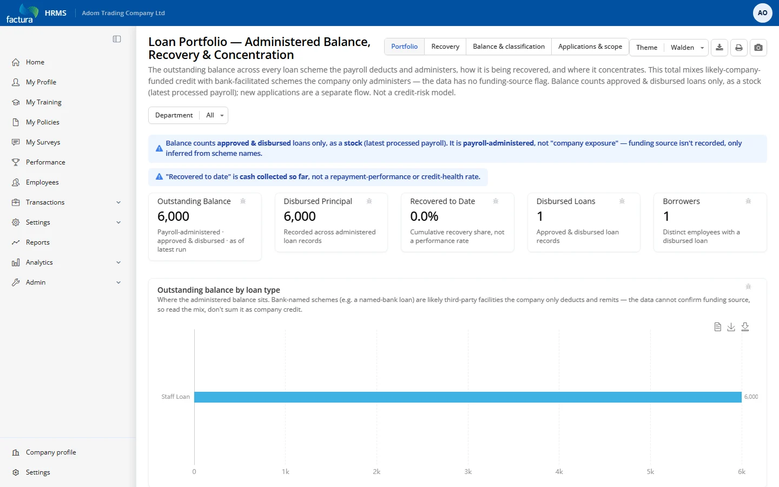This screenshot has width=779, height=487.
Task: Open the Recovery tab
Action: point(445,47)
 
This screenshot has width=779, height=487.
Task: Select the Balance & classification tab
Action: point(509,47)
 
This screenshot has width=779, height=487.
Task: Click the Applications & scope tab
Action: point(590,47)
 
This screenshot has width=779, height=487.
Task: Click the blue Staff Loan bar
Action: point(468,397)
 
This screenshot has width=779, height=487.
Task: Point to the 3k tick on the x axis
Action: point(468,472)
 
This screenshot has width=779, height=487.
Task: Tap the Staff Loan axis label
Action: point(175,397)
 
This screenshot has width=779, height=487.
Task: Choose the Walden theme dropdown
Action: point(687,47)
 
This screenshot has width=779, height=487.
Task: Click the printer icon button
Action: point(738,47)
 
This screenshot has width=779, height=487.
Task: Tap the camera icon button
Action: point(758,47)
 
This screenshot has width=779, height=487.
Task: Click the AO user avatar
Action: point(762,13)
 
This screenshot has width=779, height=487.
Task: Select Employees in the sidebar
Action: point(42,182)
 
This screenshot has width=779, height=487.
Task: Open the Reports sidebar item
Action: point(37,242)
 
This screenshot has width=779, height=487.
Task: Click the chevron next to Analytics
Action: point(118,262)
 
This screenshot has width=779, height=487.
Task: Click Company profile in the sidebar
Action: point(51,452)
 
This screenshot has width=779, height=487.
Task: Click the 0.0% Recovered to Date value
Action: point(424,216)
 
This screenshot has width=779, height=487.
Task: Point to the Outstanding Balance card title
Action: point(194,201)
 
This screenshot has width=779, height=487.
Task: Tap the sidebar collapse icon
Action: point(117,39)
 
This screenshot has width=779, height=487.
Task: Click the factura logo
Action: point(22,13)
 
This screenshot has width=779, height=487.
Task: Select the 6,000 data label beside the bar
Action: point(751,397)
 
